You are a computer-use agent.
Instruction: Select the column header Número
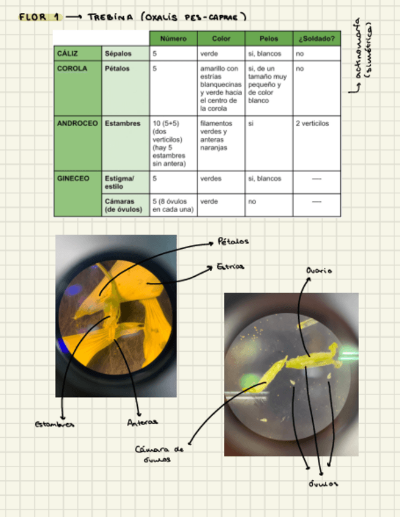tap(173, 38)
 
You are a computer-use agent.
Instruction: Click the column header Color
tap(221, 38)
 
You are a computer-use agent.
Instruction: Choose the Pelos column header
tap(268, 38)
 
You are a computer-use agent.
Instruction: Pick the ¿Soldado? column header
tap(316, 38)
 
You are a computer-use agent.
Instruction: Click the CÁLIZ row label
tap(67, 54)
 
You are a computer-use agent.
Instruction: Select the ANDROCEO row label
tap(77, 123)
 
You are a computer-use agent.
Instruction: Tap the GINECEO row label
tap(73, 179)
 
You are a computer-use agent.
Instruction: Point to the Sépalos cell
tap(117, 54)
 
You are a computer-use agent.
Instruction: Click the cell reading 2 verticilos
tap(312, 123)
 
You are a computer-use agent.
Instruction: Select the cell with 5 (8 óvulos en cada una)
tap(173, 205)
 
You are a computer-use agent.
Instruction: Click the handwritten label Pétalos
tap(233, 241)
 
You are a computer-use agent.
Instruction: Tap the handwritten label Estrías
tap(230, 266)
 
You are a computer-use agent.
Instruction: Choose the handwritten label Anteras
tap(142, 422)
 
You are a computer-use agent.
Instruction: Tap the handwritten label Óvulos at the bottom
tap(323, 483)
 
